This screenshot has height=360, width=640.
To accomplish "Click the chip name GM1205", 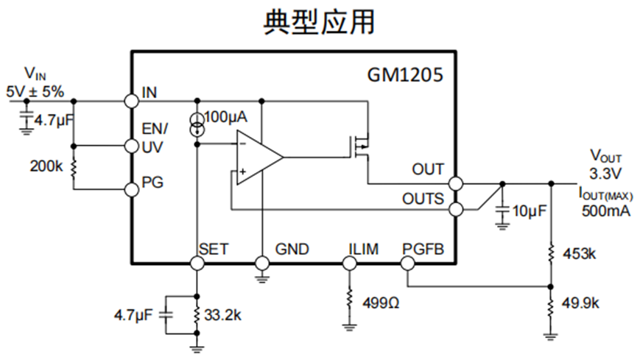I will click(405, 75).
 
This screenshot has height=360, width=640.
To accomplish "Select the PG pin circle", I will click(132, 189).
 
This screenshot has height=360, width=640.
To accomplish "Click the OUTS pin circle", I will click(456, 210).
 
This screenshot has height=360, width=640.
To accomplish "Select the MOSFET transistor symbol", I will click(360, 146).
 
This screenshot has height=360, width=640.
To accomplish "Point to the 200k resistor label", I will click(46, 167).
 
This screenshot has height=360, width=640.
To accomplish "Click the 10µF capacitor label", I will click(530, 211).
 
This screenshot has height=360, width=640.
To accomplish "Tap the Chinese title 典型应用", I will click(319, 23).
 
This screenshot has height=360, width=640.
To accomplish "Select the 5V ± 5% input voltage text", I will click(35, 92).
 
